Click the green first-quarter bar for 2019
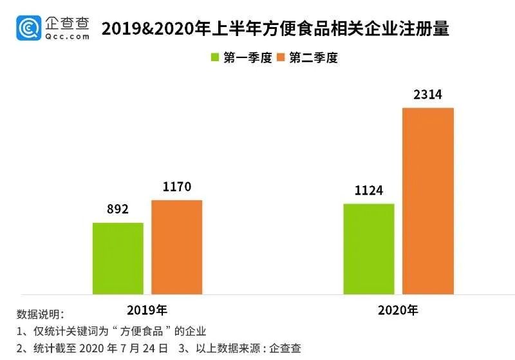click(118, 258)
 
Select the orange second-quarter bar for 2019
click(176, 247)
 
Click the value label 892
click(118, 209)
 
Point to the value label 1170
click(176, 187)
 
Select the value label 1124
click(368, 191)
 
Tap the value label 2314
click(427, 95)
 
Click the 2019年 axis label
click(147, 310)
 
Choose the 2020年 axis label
click(397, 310)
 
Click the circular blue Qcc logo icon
click(30, 27)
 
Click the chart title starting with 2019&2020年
click(275, 29)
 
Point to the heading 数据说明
click(40, 315)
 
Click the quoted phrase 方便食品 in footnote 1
click(147, 332)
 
